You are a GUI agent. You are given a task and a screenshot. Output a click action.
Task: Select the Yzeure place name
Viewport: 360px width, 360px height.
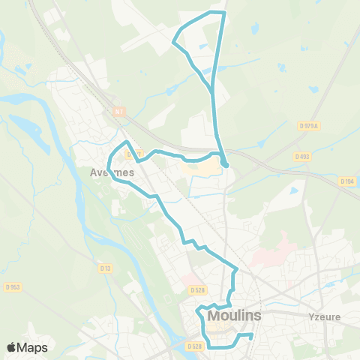click(x=324, y=316)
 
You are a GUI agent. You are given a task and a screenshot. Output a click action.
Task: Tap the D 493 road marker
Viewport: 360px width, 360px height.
click(x=302, y=157)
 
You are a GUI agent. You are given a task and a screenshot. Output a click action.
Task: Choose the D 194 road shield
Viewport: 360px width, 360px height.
click(x=346, y=181)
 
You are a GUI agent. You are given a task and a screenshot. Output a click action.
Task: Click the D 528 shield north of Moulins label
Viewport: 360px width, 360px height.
click(x=197, y=289)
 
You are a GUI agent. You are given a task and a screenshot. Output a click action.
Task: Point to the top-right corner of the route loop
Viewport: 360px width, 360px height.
click(x=223, y=13)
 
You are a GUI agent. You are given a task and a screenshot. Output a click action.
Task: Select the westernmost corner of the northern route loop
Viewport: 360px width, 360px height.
click(x=175, y=40)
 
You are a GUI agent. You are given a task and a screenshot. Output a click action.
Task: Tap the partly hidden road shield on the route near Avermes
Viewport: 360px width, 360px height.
click(x=133, y=154)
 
